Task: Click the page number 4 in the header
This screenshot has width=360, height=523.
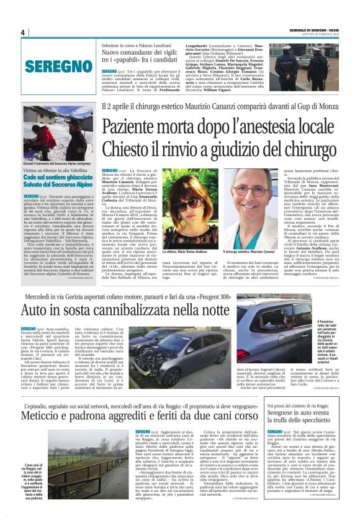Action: click(22, 32)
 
